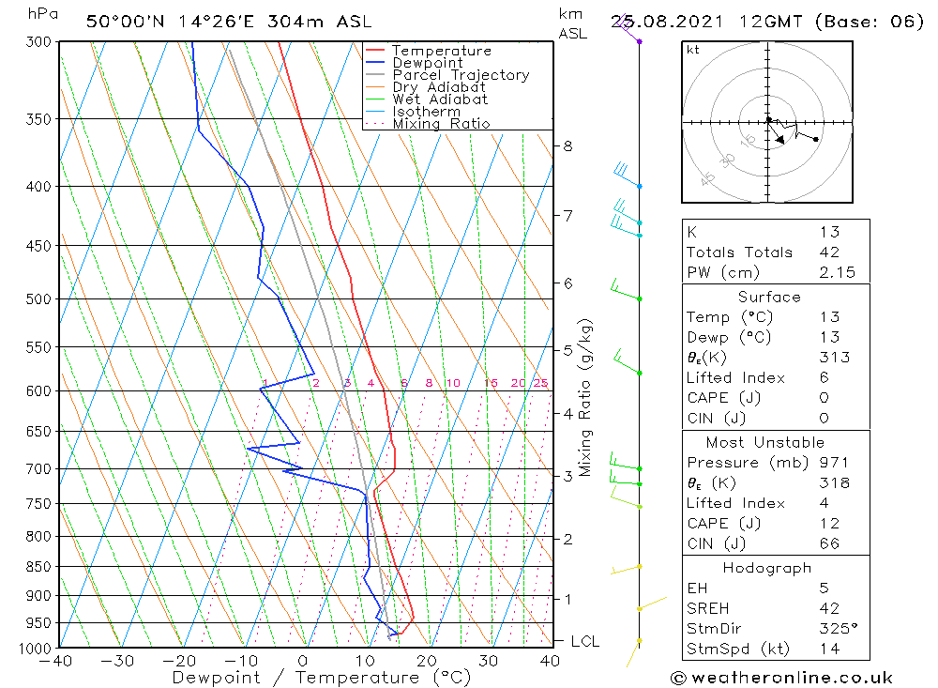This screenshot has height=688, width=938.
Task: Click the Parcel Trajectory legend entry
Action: [460, 75]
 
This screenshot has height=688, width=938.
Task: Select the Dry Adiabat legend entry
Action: [440, 87]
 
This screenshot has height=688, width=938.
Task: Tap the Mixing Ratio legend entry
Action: [441, 124]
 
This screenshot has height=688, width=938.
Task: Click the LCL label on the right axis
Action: [584, 641]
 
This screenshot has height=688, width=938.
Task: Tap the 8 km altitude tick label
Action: [567, 145]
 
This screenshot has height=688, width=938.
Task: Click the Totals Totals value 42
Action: [828, 252]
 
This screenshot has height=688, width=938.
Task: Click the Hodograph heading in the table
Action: [767, 568]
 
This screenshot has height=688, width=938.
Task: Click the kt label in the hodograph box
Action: [692, 50]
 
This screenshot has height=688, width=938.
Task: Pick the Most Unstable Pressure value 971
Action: [833, 463]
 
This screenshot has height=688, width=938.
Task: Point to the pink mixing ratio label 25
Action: [540, 383]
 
